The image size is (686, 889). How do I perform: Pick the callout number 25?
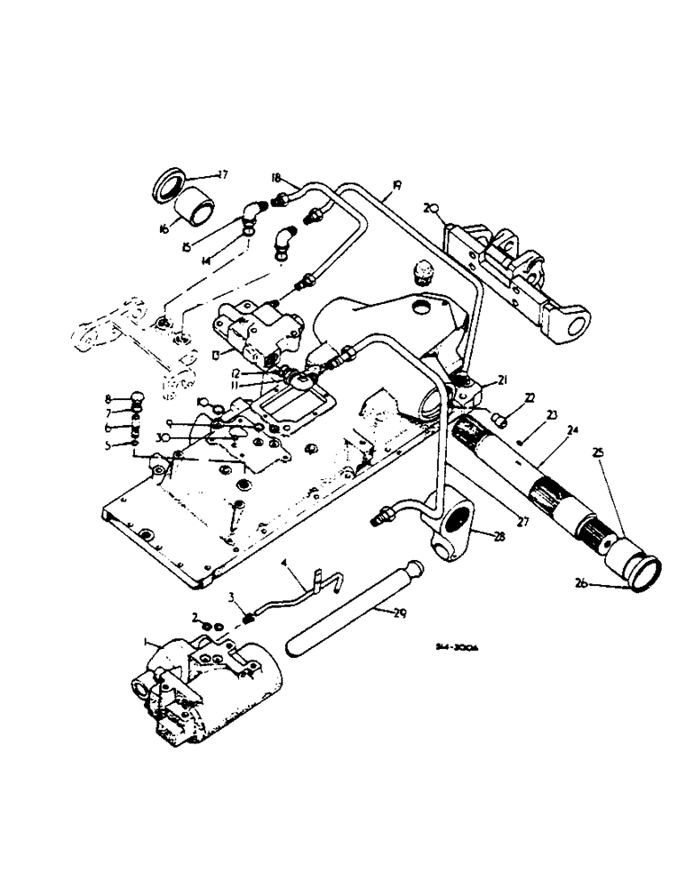598,454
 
